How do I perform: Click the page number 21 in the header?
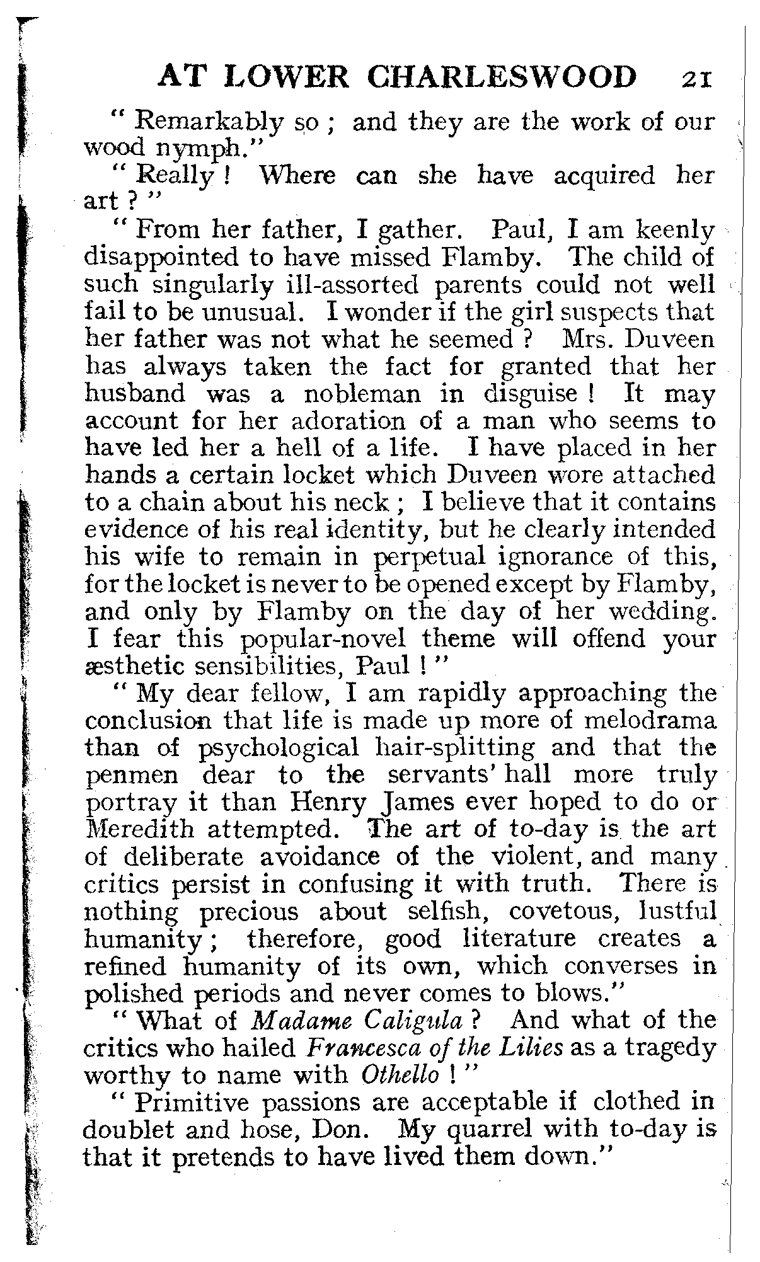coord(695,79)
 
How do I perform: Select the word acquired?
coord(604,176)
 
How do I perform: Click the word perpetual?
coord(430,557)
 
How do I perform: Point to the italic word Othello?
coord(401,1075)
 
